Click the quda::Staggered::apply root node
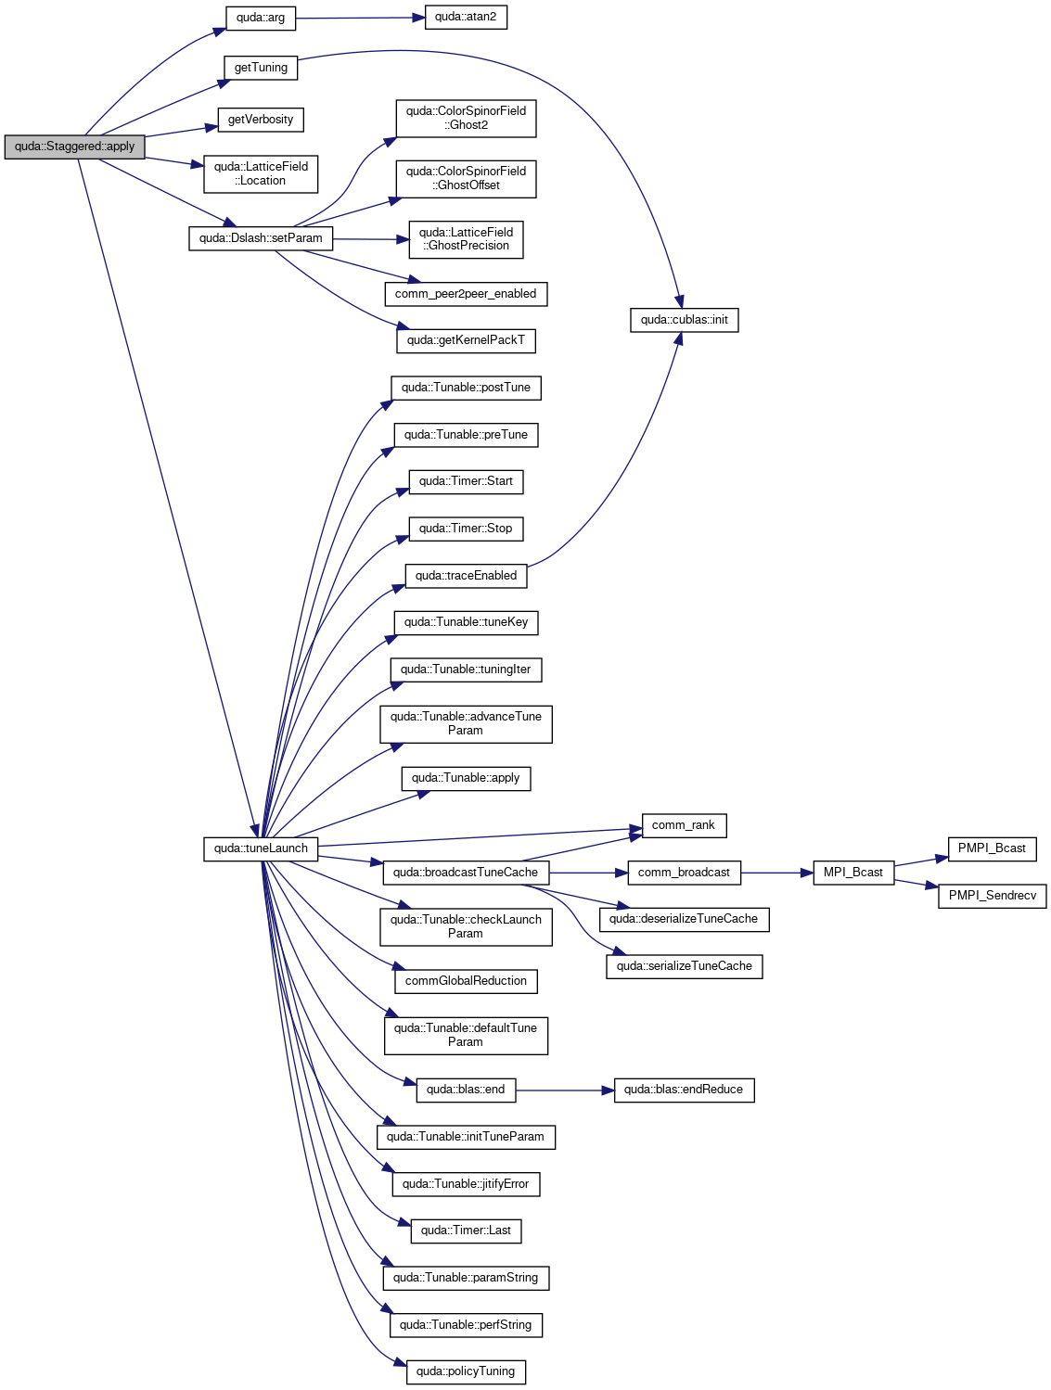coord(74,147)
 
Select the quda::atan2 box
coord(466,17)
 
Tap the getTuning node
coord(261,68)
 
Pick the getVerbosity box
coord(261,120)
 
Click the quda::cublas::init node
coord(684,320)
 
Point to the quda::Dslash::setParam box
coord(261,238)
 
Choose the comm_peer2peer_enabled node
coord(466,294)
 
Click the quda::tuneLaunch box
coord(261,848)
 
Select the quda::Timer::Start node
coord(466,481)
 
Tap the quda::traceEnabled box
coord(466,576)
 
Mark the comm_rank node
coord(684,825)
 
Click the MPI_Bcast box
coord(853,873)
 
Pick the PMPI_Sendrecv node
coord(992,896)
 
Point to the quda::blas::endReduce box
coord(684,1090)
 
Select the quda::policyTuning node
coord(466,1371)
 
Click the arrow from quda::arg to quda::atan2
coord(360,18)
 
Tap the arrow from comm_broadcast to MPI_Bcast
coord(776,873)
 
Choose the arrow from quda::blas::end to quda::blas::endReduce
coord(565,1090)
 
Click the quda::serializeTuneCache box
coord(684,966)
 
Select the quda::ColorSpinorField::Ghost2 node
coord(466,118)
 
